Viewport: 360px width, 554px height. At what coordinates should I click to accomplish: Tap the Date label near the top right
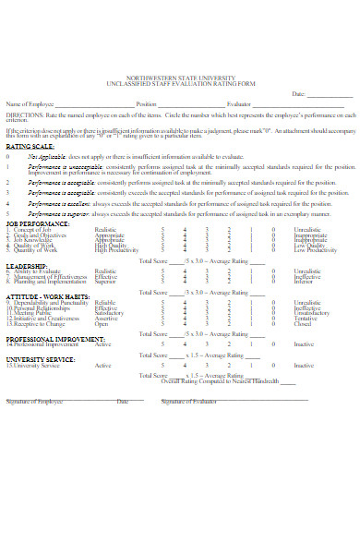(297, 94)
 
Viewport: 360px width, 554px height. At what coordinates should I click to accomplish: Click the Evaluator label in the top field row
(239, 104)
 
